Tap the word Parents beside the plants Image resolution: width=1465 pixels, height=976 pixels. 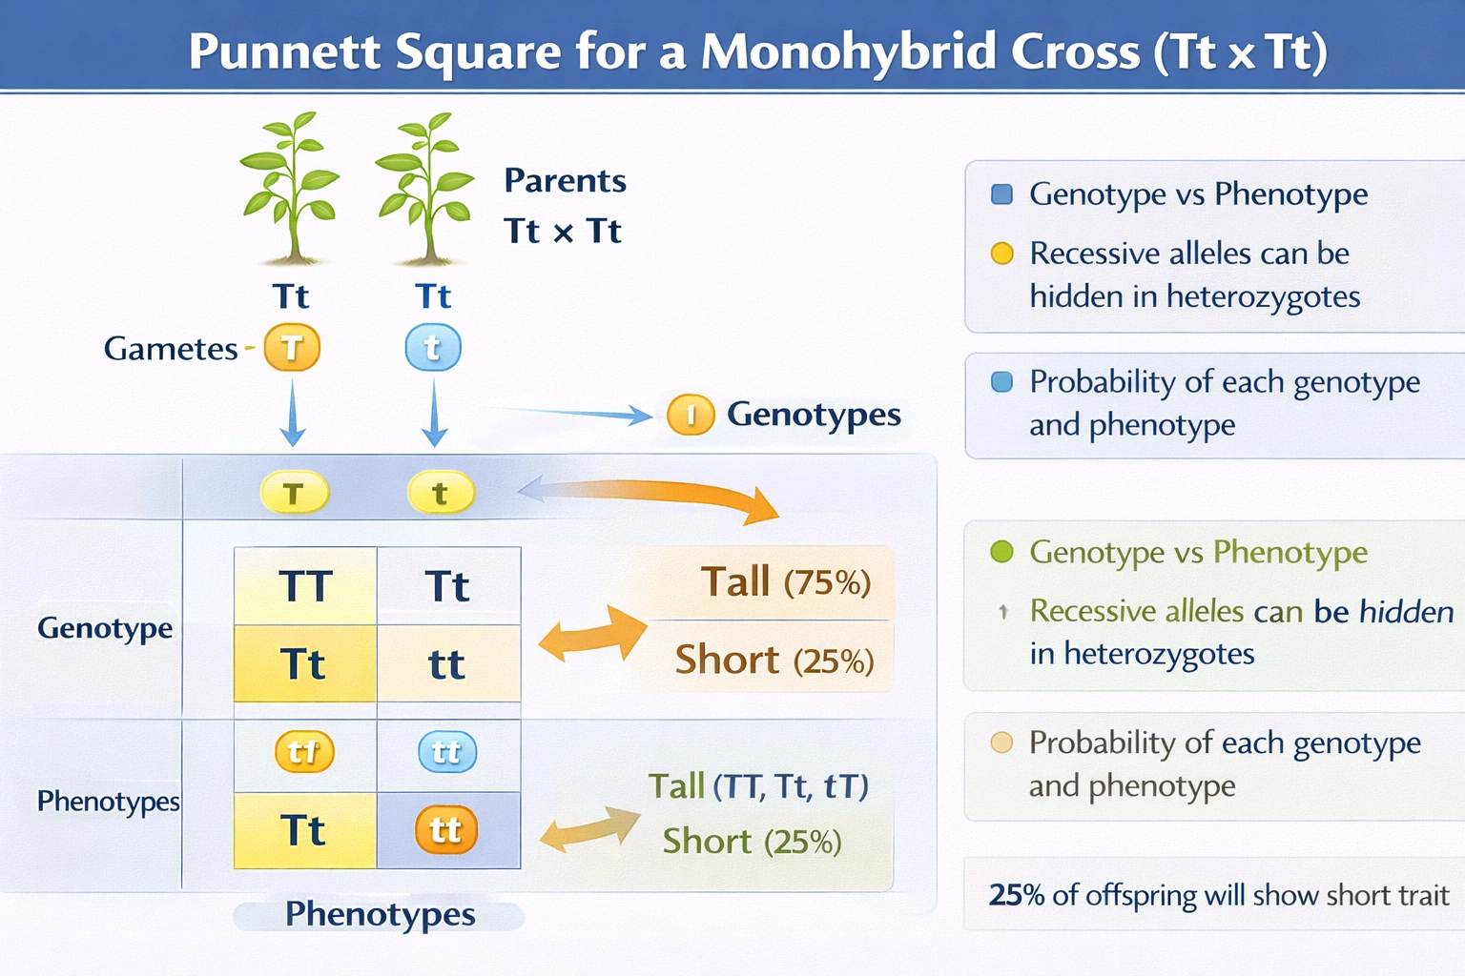(x=565, y=180)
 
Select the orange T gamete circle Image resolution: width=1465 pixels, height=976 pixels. (x=292, y=348)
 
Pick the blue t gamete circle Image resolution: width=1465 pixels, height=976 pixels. (x=433, y=348)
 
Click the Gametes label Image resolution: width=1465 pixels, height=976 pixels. (x=171, y=349)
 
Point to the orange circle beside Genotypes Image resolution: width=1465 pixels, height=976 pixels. (x=691, y=415)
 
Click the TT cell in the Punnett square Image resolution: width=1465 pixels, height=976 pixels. (x=305, y=586)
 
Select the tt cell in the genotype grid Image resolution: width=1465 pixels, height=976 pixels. (x=446, y=664)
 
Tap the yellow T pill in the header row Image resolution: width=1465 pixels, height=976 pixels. (x=294, y=494)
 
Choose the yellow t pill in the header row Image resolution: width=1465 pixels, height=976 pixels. (x=440, y=494)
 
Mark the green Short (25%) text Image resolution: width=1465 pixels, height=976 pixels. (x=752, y=842)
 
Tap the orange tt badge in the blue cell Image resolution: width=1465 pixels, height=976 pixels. (x=445, y=830)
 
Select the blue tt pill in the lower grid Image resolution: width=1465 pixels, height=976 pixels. (x=446, y=753)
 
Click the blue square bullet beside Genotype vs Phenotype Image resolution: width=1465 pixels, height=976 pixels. (x=1001, y=194)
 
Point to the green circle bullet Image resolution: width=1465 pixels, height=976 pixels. (x=1001, y=552)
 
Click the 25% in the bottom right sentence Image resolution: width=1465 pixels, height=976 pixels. (x=1017, y=895)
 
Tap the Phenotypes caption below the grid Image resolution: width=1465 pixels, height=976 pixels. (x=380, y=914)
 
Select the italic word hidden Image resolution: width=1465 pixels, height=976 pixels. (x=1406, y=611)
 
